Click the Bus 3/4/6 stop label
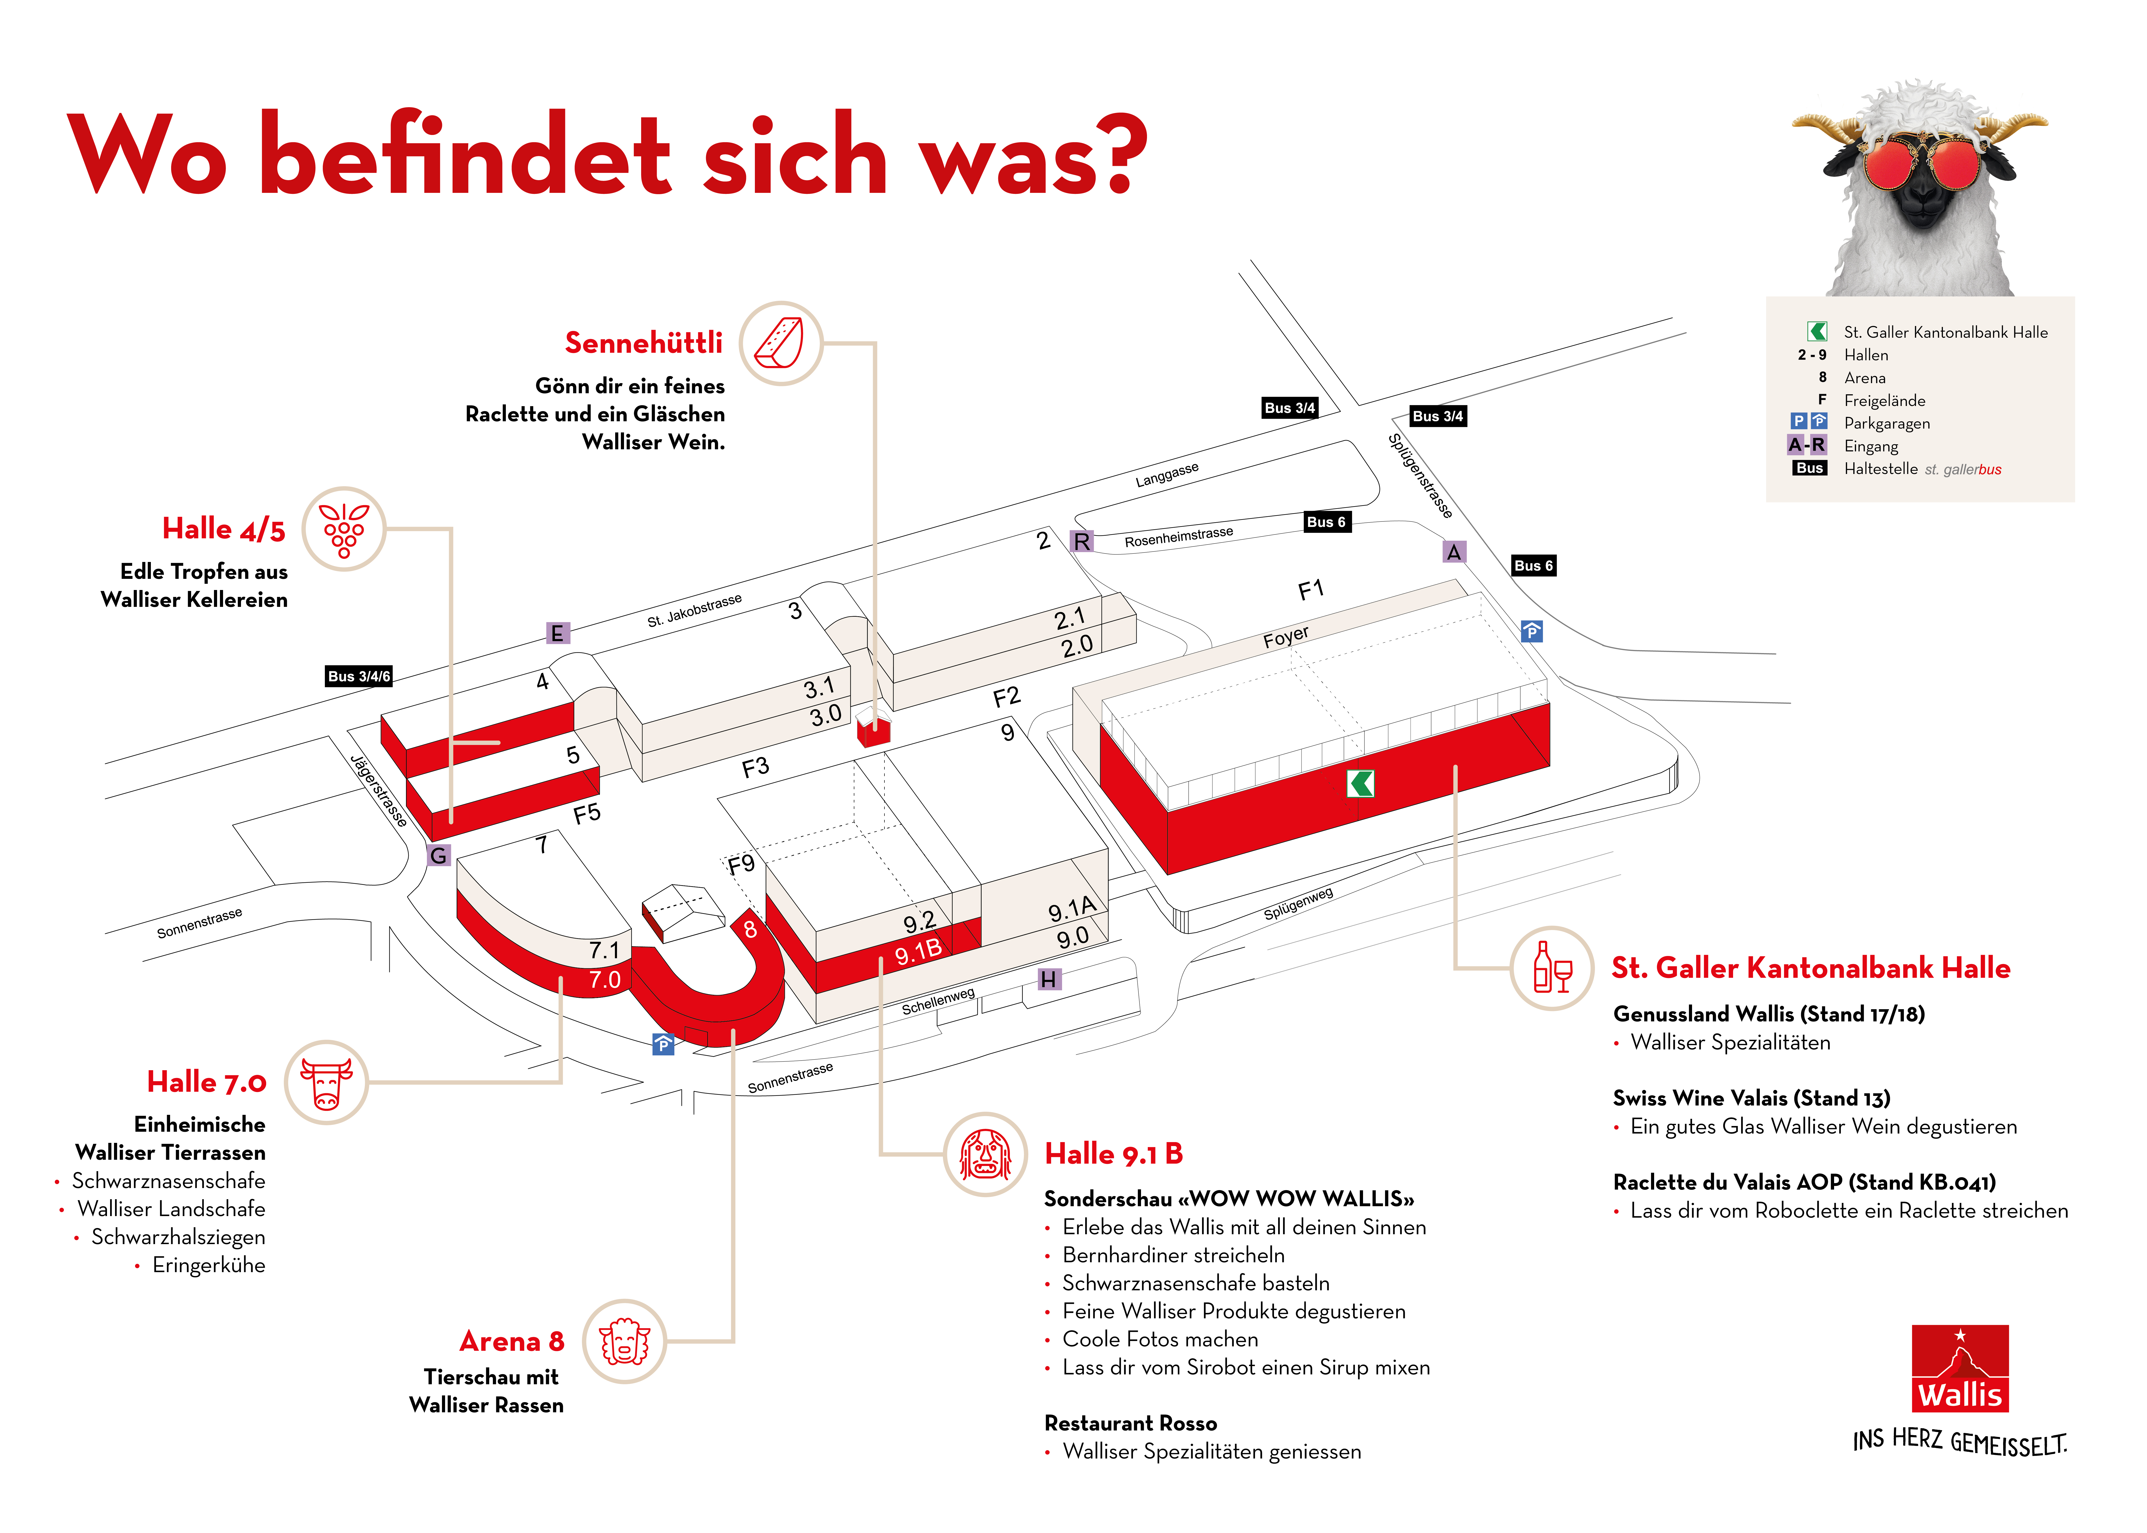click(359, 676)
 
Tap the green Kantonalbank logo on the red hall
click(1360, 783)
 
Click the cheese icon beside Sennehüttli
click(780, 343)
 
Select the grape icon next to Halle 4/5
click(344, 529)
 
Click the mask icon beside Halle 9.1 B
click(985, 1154)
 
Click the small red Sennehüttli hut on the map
click(873, 730)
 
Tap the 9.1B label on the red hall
click(918, 952)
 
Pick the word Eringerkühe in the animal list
click(209, 1265)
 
